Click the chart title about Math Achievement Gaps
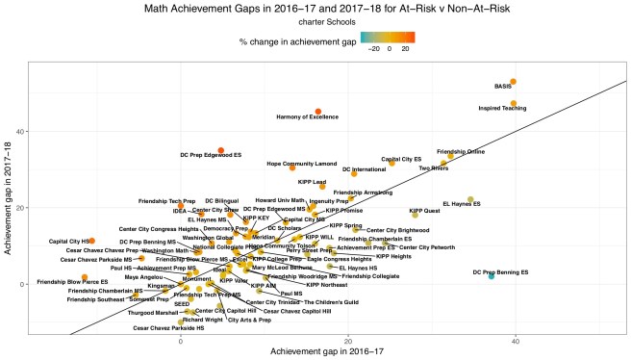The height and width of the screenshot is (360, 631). [315, 9]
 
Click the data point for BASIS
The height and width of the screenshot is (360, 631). [514, 82]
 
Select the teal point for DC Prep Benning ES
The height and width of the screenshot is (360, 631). [492, 276]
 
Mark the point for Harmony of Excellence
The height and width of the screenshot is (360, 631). [318, 112]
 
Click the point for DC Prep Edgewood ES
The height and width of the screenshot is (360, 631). [220, 151]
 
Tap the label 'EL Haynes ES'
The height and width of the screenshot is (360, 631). [461, 204]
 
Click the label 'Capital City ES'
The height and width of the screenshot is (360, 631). [401, 159]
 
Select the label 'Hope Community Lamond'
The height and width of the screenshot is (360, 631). [301, 164]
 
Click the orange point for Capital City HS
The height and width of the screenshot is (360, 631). [91, 241]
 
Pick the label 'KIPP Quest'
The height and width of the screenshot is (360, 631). [425, 210]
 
